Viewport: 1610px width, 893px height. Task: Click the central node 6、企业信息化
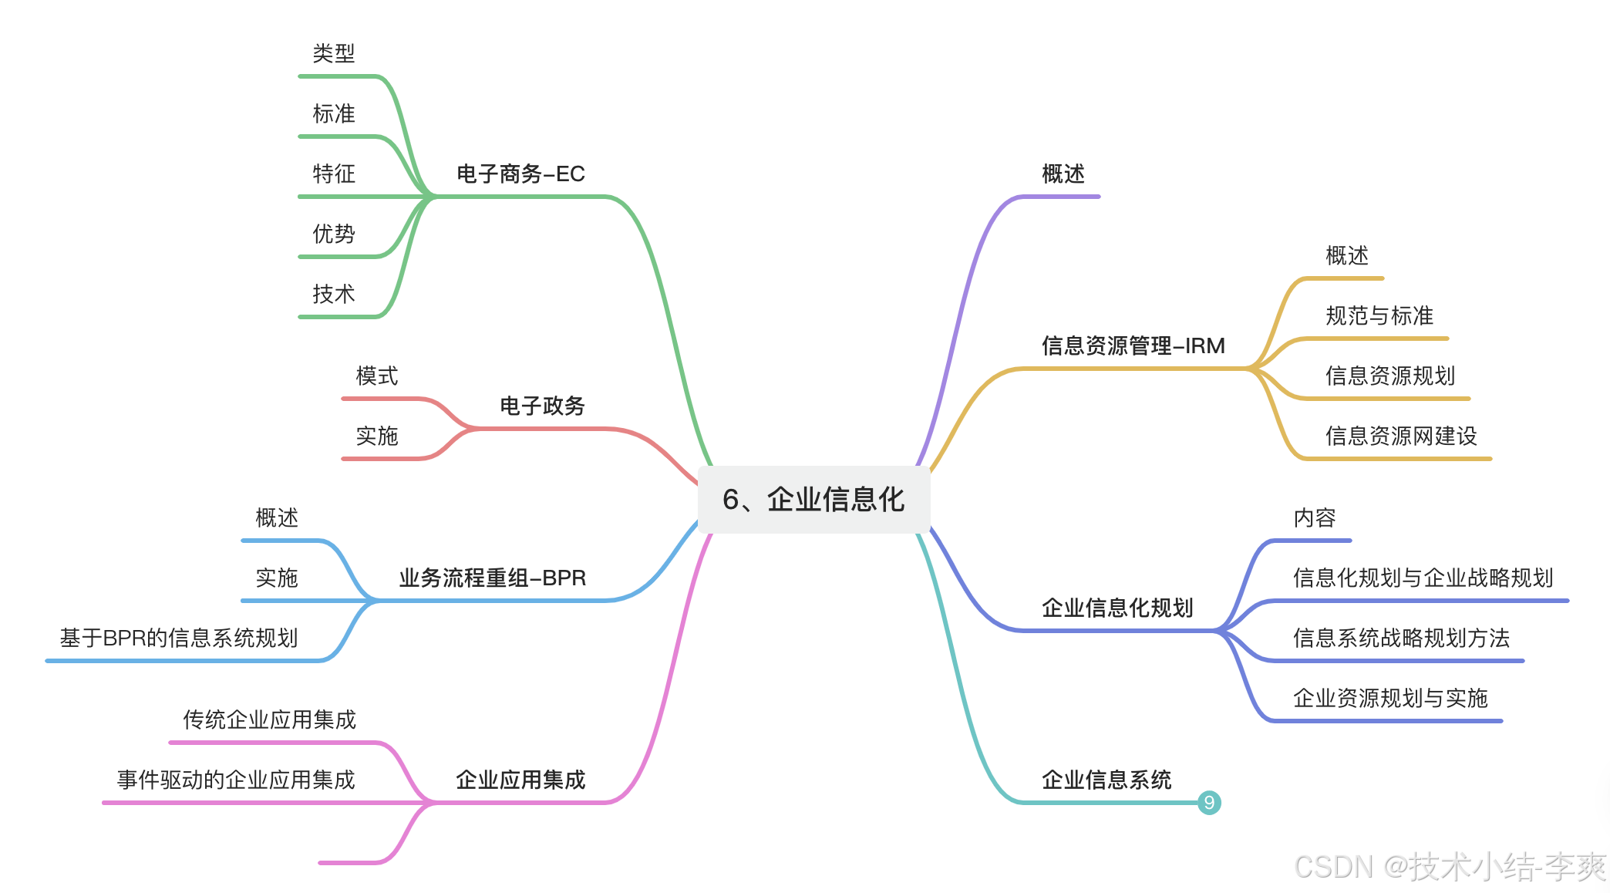point(813,500)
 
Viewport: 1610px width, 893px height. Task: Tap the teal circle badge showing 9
point(1209,803)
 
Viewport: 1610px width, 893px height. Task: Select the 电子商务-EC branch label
point(520,174)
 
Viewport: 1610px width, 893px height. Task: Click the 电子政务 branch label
point(542,406)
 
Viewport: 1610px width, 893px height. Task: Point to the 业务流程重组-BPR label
point(492,578)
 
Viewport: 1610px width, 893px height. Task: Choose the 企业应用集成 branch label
point(520,780)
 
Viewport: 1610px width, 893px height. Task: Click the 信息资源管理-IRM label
point(1133,345)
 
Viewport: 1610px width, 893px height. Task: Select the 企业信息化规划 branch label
point(1117,608)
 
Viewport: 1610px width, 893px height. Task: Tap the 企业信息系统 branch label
point(1106,780)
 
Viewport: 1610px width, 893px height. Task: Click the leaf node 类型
point(333,54)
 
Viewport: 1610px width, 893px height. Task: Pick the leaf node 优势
point(333,234)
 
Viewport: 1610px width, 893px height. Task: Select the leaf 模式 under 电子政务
point(376,376)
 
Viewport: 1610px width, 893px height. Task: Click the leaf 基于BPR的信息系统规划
point(178,638)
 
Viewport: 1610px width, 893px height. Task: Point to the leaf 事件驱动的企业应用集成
point(236,780)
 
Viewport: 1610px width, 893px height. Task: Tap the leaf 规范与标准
point(1379,315)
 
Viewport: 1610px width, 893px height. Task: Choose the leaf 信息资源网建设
point(1400,436)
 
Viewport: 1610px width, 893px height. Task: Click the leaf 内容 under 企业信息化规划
point(1314,517)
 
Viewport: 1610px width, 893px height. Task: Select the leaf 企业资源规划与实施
point(1389,698)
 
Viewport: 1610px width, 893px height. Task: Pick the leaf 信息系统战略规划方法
point(1400,638)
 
